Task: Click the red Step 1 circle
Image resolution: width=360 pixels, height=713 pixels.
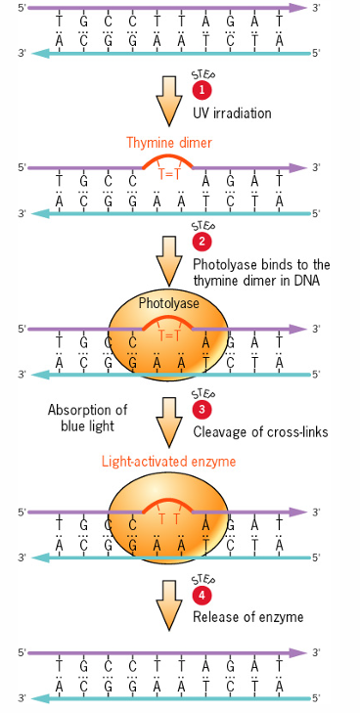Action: pyautogui.click(x=202, y=89)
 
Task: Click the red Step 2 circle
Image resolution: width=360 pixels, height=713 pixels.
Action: pyautogui.click(x=202, y=241)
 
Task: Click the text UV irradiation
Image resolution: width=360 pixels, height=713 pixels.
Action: pyautogui.click(x=234, y=113)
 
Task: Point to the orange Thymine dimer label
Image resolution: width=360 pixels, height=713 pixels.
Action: pyautogui.click(x=169, y=143)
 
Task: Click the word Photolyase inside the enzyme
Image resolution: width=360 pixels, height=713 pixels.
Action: pyautogui.click(x=168, y=304)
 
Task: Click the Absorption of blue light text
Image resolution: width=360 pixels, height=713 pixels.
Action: pyautogui.click(x=88, y=418)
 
